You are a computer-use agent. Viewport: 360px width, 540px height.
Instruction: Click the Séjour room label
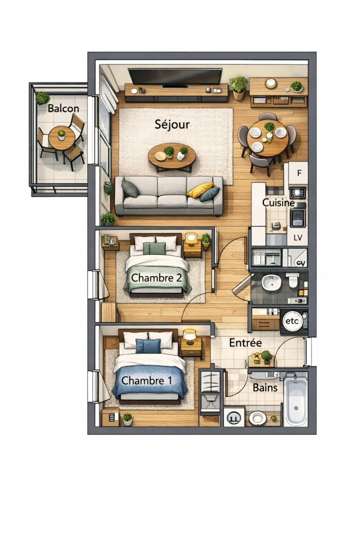[x=172, y=123]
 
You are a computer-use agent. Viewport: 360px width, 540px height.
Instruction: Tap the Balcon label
[x=63, y=108]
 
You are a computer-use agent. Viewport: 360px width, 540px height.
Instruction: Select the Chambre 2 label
[x=155, y=277]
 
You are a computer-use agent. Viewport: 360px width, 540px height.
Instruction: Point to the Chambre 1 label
[x=147, y=380]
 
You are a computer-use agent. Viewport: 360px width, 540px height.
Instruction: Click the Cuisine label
[x=278, y=203]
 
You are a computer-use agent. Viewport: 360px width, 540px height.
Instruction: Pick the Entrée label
[x=245, y=343]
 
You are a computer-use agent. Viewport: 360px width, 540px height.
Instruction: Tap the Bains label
[x=265, y=387]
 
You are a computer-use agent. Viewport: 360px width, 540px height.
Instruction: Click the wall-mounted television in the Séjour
[x=175, y=76]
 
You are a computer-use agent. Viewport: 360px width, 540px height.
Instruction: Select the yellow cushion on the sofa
[x=199, y=189]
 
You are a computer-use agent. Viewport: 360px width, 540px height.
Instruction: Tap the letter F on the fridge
[x=299, y=173]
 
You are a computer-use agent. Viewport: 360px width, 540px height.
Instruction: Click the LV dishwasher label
[x=298, y=237]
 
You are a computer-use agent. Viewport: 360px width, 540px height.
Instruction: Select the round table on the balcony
[x=61, y=138]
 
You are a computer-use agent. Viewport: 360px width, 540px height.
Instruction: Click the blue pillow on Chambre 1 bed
[x=148, y=345]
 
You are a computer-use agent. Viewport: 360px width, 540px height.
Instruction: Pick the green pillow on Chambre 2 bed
[x=154, y=248]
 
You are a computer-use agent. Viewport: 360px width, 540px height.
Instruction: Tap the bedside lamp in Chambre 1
[x=189, y=335]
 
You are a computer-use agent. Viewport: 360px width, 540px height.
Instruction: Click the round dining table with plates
[x=267, y=137]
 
